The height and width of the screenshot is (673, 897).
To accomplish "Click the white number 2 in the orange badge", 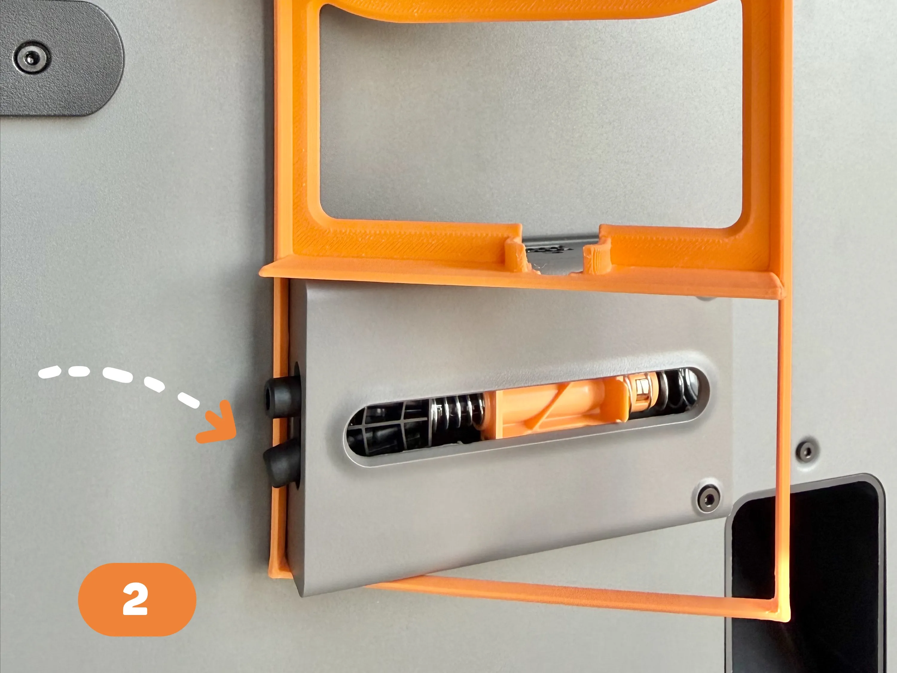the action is [135, 599].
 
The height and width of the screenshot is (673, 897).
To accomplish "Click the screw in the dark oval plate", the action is [32, 58].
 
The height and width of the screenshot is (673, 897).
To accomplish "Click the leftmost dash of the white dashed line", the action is [49, 372].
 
